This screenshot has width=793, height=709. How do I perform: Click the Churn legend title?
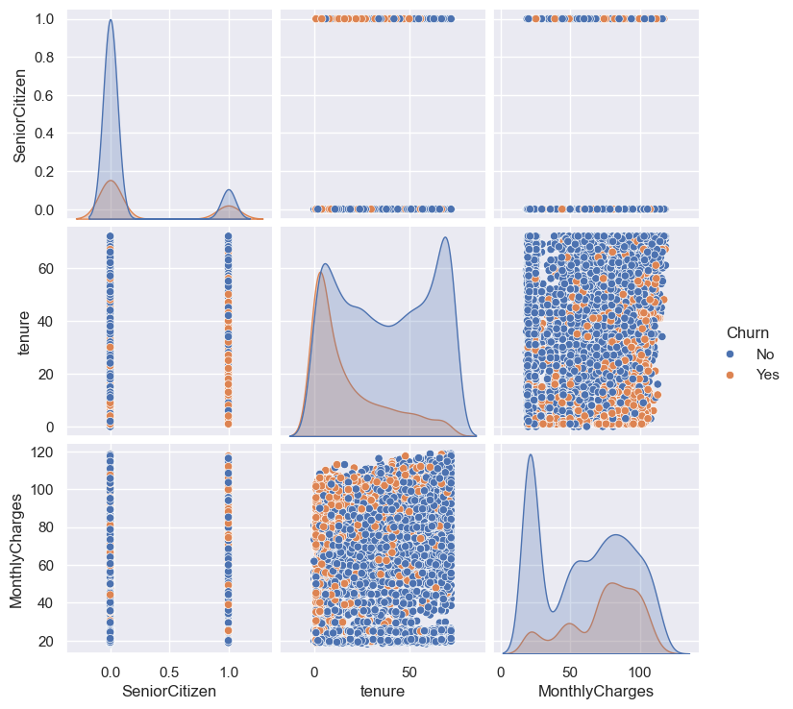coord(746,333)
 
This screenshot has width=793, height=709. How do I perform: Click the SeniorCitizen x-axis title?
coord(169,691)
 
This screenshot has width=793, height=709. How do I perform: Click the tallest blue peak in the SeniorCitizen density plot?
coord(111,20)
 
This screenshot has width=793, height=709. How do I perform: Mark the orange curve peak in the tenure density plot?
coord(319,273)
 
